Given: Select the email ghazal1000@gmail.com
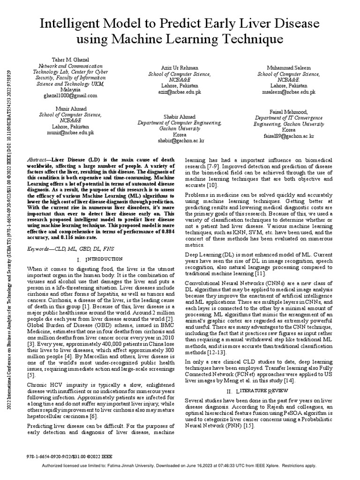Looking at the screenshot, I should [x=70, y=95].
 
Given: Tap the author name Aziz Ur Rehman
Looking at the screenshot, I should [x=173, y=68].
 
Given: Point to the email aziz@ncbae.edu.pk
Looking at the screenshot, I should [x=173, y=92].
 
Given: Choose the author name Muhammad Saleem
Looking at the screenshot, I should [x=285, y=68].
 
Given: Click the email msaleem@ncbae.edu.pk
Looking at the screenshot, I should [x=285, y=92].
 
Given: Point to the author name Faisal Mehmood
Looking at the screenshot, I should [x=288, y=112].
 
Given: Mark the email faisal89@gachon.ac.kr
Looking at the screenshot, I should [x=288, y=136].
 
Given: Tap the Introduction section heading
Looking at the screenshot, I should [x=99, y=259].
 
